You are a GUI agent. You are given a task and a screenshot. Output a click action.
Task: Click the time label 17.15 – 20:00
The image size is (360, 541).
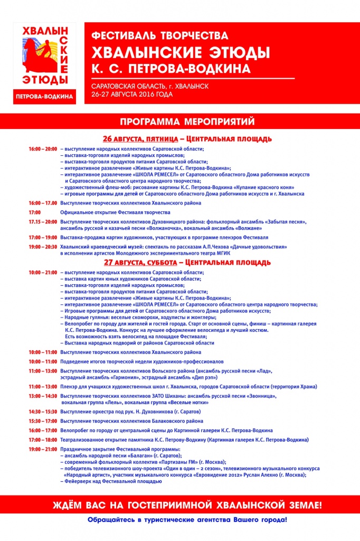[43, 222]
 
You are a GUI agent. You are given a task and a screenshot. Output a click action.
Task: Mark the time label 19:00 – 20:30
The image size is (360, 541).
[43, 247]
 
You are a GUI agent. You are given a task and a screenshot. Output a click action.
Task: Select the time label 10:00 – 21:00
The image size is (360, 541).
[43, 272]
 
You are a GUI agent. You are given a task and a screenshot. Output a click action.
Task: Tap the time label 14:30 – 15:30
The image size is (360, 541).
[43, 412]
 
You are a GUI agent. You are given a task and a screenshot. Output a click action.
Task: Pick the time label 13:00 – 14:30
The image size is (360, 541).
[43, 396]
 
